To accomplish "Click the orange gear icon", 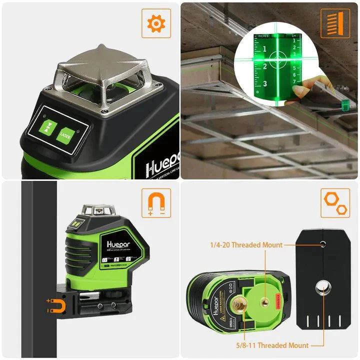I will tap(156, 23).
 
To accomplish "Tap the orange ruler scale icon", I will tap(335, 23).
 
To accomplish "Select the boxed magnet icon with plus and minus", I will tap(156, 202).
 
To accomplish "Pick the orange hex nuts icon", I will tap(335, 202).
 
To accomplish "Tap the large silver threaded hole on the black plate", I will tap(322, 286).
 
